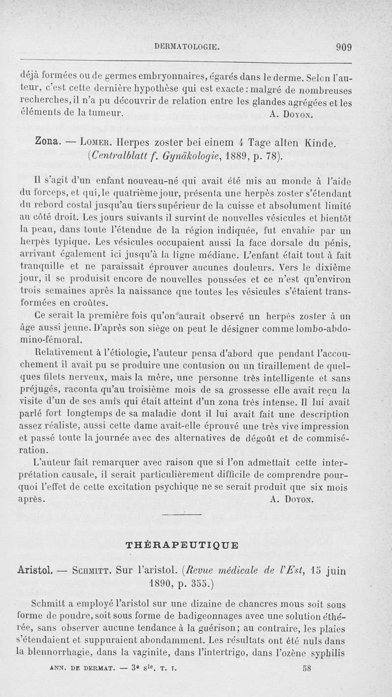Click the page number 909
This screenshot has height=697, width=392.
pyautogui.click(x=344, y=48)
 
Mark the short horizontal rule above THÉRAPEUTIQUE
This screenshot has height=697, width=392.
pyautogui.click(x=181, y=514)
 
